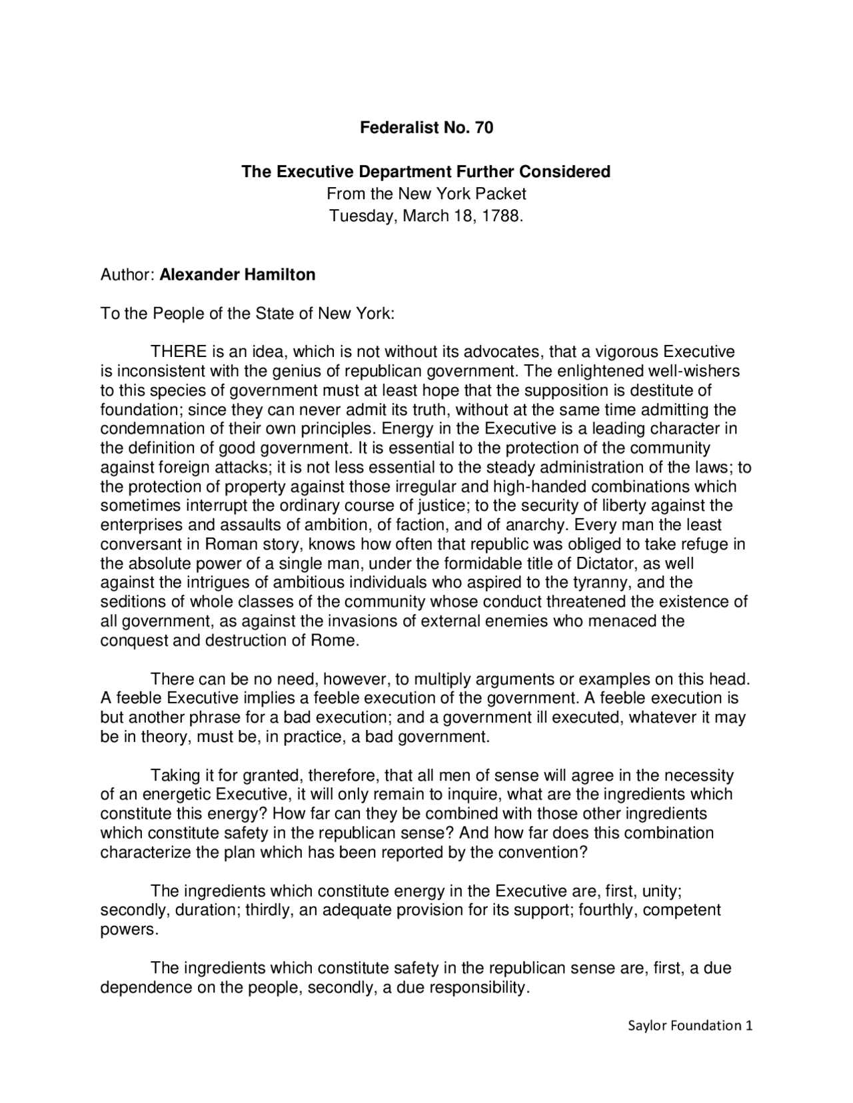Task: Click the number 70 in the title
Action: point(484,127)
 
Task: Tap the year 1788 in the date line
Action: point(500,216)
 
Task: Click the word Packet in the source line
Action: point(503,194)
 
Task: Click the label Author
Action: point(127,274)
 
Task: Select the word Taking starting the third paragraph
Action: point(175,775)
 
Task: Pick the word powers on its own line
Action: point(128,930)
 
